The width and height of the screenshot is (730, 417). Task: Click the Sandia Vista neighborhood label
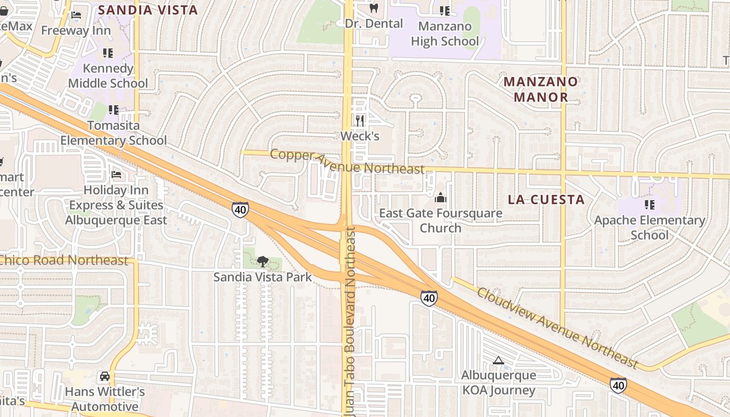click(x=148, y=10)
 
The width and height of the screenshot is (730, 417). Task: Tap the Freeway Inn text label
click(x=76, y=30)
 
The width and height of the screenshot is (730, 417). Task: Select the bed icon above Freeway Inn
click(x=76, y=15)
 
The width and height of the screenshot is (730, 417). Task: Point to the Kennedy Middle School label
click(x=108, y=76)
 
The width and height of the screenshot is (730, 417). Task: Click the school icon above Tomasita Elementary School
click(x=113, y=110)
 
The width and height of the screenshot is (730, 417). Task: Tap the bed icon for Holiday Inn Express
click(x=116, y=175)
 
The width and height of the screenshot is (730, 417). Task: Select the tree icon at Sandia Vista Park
click(x=262, y=261)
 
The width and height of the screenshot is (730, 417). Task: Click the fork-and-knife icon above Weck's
click(x=360, y=121)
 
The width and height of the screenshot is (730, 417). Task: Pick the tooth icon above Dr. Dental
click(x=373, y=8)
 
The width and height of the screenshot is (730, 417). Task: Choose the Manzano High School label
click(x=445, y=33)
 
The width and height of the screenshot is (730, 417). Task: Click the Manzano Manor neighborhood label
click(x=541, y=89)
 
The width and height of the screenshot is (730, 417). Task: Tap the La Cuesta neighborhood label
click(x=546, y=200)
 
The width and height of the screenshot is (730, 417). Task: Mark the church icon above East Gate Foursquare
click(x=441, y=198)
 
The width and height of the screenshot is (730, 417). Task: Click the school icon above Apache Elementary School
click(x=649, y=204)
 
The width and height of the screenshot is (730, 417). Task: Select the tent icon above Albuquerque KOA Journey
click(x=498, y=360)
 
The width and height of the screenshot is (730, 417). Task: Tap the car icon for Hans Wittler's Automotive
click(x=105, y=376)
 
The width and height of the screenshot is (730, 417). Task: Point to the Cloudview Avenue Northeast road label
click(x=557, y=327)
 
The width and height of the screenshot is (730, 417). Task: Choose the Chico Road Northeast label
click(x=63, y=260)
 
